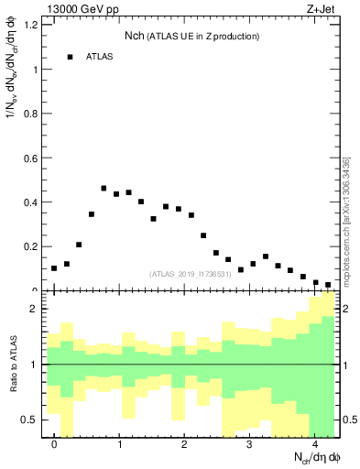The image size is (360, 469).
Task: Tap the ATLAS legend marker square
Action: (x=69, y=57)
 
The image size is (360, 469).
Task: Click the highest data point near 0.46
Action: (x=104, y=188)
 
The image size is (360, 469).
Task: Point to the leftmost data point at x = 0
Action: (x=54, y=268)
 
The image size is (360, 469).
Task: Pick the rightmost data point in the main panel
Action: (x=328, y=285)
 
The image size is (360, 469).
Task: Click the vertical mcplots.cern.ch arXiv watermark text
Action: (x=346, y=220)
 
